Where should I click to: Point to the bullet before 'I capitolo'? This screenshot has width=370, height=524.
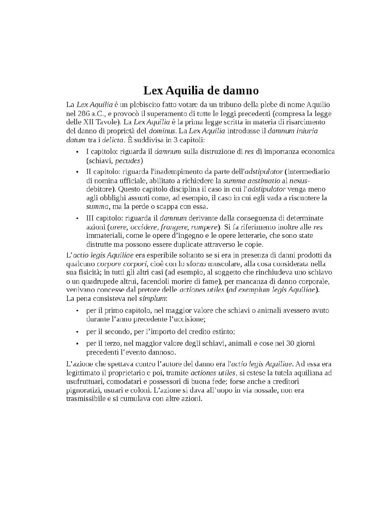(x=77, y=152)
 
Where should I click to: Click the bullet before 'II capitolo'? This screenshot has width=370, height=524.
(x=77, y=172)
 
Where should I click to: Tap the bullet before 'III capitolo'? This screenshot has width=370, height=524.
(x=77, y=218)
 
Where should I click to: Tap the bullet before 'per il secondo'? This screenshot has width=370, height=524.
(x=77, y=332)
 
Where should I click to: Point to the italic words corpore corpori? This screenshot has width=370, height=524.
(x=115, y=264)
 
